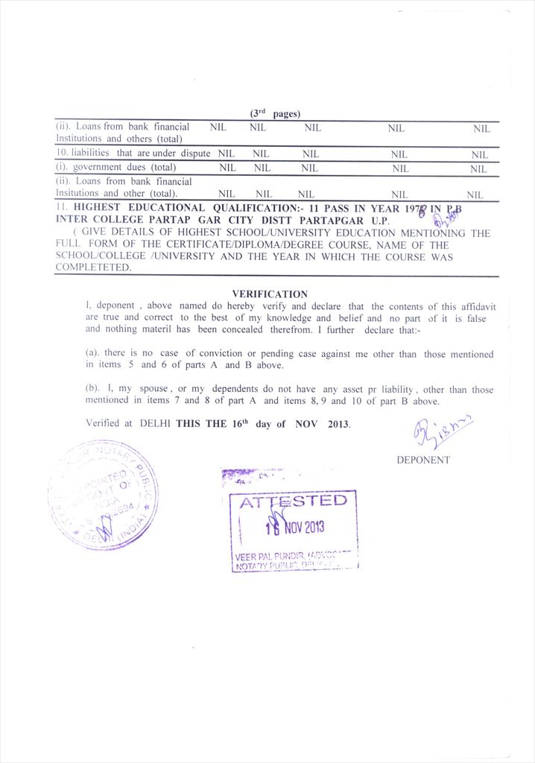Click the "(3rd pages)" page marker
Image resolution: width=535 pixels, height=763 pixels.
pos(275,114)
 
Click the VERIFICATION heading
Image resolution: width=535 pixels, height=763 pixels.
pos(269,294)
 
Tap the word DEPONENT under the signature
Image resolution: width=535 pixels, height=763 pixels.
pos(422,460)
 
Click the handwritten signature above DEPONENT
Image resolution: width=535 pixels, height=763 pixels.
pos(440,431)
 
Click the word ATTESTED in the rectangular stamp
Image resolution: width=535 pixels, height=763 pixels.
pos(293,501)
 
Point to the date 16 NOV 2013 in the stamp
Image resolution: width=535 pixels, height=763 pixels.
pos(296,527)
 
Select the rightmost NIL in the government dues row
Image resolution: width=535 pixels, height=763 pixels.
pos(478,169)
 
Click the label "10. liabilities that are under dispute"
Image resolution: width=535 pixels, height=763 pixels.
pos(133,153)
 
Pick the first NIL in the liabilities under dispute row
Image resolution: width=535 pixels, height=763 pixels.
pos(224,153)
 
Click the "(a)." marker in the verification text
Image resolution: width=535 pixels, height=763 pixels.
pos(93,354)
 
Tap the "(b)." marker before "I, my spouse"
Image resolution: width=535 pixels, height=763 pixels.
pos(93,390)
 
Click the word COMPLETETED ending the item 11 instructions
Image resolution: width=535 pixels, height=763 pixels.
pos(92,267)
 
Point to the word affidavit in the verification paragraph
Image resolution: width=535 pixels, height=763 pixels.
pos(477,307)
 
